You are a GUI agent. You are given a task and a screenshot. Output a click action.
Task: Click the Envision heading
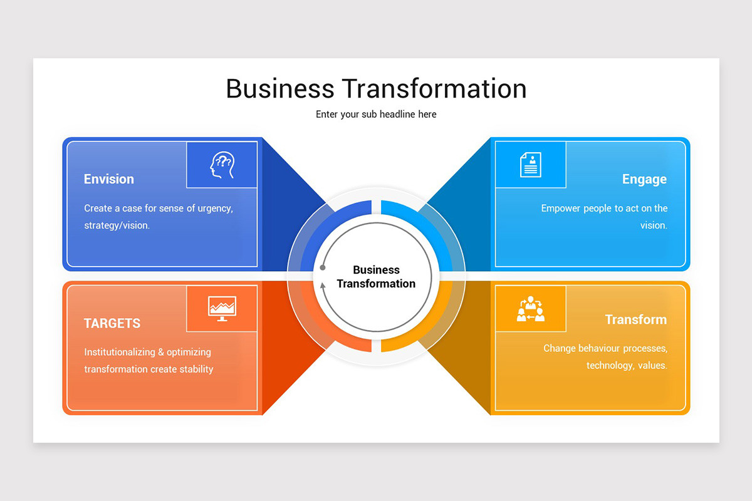[x=109, y=179]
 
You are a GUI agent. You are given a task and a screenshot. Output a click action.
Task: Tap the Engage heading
[x=644, y=179]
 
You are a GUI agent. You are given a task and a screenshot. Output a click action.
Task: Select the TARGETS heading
[x=112, y=323]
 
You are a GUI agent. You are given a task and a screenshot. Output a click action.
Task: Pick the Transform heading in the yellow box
[x=635, y=319]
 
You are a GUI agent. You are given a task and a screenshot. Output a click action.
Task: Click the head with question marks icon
[x=221, y=165]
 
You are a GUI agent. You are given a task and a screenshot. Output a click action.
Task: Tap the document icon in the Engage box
[x=530, y=165]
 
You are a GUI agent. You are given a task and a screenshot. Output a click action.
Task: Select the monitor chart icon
[x=222, y=308]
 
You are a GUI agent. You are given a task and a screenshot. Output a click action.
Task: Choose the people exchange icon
[x=530, y=309]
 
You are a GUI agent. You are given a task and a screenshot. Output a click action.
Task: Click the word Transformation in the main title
[x=434, y=88]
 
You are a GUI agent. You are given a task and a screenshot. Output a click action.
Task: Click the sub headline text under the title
[x=376, y=115]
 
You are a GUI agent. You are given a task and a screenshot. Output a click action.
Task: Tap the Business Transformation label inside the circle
[x=376, y=277]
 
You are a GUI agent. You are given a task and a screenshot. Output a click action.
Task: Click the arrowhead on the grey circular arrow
[x=323, y=286]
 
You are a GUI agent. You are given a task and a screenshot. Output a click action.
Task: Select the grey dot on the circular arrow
[x=323, y=267]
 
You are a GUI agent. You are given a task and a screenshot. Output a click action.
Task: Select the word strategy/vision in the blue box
[x=117, y=225]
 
